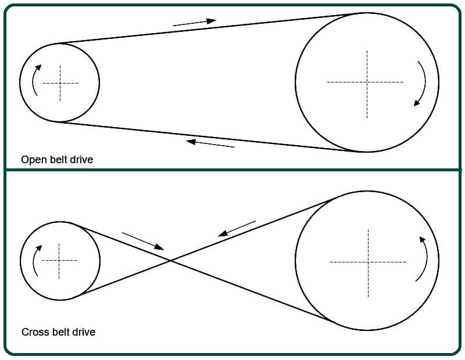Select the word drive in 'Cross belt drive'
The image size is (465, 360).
(85, 332)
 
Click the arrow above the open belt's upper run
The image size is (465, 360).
(195, 23)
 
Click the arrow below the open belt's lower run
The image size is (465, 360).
(210, 143)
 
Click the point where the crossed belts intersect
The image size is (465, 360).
(171, 261)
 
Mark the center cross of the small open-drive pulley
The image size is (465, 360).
(60, 83)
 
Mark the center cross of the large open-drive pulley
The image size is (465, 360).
(367, 82)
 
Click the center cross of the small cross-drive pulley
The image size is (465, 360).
(59, 261)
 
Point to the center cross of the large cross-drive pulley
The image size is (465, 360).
(368, 262)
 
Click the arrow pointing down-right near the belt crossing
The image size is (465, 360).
(143, 241)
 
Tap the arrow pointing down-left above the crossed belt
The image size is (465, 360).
(237, 228)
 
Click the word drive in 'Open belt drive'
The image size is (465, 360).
(83, 160)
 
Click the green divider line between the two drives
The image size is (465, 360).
(233, 170)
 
